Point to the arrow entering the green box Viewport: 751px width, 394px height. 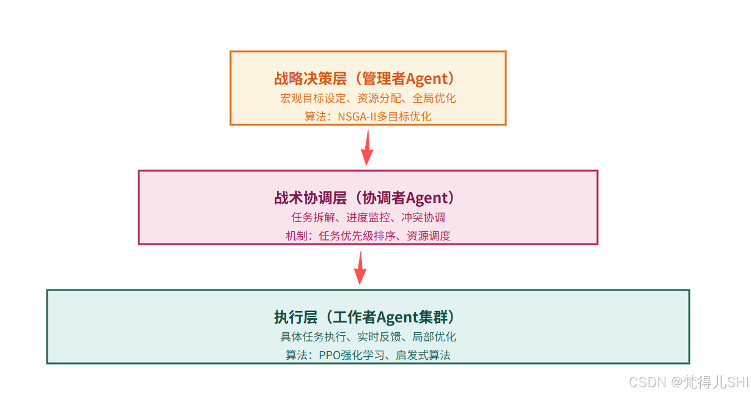point(361,267)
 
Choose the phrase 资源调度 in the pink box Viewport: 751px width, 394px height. point(429,236)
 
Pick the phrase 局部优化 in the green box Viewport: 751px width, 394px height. point(434,336)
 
